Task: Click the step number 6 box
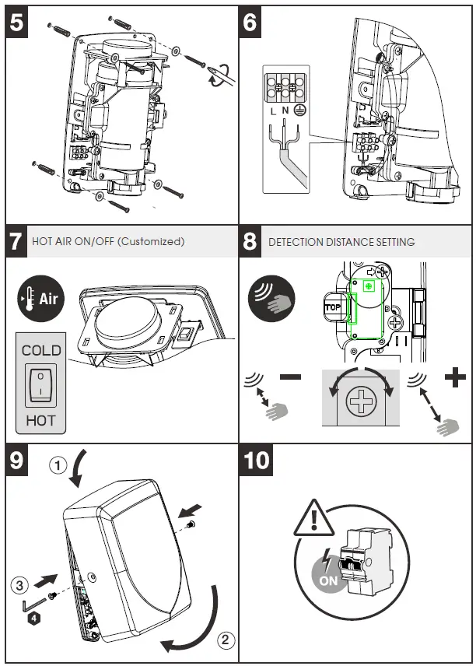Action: point(250,23)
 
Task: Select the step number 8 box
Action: point(250,241)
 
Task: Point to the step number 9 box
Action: point(18,460)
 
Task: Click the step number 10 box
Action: point(257,460)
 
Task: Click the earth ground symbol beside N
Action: point(298,111)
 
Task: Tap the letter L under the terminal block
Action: point(273,111)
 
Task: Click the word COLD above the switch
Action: point(41,350)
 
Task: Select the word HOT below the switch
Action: point(41,419)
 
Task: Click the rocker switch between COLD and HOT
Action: point(41,384)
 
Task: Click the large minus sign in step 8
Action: point(290,377)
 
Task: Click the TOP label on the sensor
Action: point(332,307)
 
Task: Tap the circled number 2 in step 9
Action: point(224,641)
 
